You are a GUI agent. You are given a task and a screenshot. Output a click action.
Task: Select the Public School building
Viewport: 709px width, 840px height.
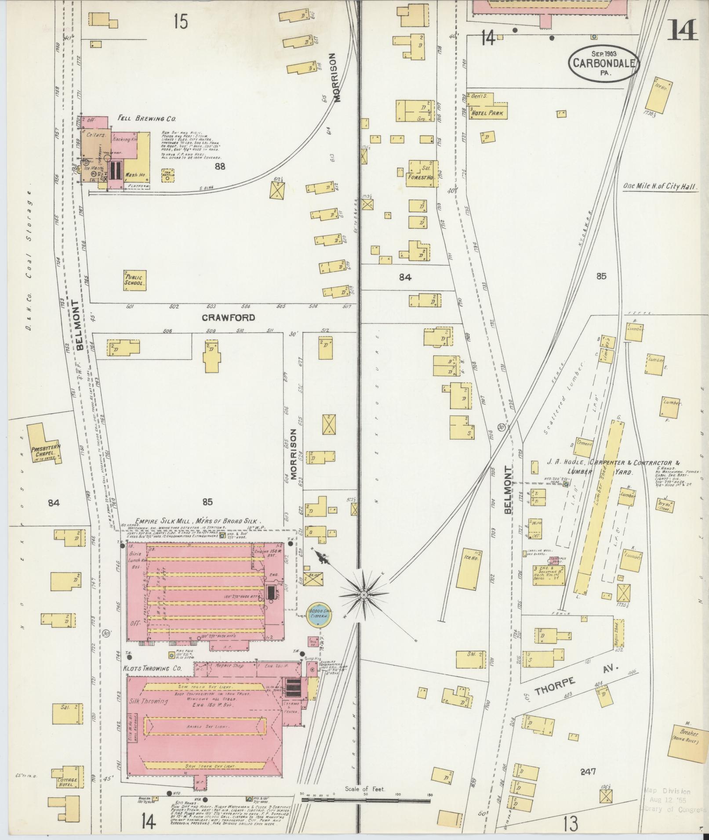click(x=135, y=280)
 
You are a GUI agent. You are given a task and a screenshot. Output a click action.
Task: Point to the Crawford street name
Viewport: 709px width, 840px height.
click(x=229, y=317)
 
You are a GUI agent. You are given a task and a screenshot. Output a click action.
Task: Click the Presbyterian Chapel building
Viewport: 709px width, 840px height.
click(x=44, y=444)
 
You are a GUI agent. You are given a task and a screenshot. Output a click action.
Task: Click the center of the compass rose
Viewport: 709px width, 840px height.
click(x=364, y=595)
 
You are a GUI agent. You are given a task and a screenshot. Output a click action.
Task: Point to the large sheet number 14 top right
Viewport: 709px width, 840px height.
click(x=682, y=30)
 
